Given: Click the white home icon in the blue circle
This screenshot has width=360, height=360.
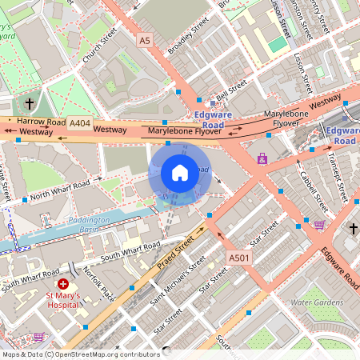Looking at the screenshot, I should pos(180,172).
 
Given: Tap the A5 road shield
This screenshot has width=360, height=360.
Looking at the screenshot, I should pos(144,39).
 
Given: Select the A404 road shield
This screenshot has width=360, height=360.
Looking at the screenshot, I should pos(79,122).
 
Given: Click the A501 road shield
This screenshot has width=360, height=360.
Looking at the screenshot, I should pos(238,258).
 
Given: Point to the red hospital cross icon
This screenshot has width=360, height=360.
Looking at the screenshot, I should pos(63,285).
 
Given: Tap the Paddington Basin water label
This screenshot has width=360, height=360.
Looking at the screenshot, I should pos(89,224).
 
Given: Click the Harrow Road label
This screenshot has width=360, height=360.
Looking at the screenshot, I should pos(41,122).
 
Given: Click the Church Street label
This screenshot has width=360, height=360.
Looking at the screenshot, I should pos(98,47).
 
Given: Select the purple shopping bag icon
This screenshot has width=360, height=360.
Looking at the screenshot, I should pos(262,159).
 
